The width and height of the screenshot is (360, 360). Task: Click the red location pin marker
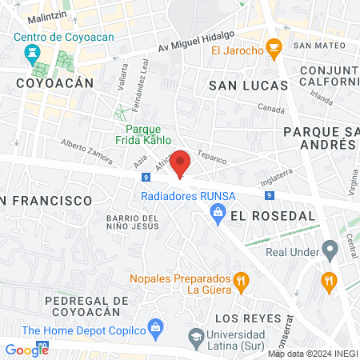180,163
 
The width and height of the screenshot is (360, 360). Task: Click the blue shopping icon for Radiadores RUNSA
216,212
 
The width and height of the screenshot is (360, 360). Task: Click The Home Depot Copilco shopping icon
156,329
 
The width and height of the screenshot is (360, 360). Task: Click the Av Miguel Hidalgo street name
196,42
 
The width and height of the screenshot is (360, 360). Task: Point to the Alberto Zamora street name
86,150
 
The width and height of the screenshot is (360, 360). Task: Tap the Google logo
26,349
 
